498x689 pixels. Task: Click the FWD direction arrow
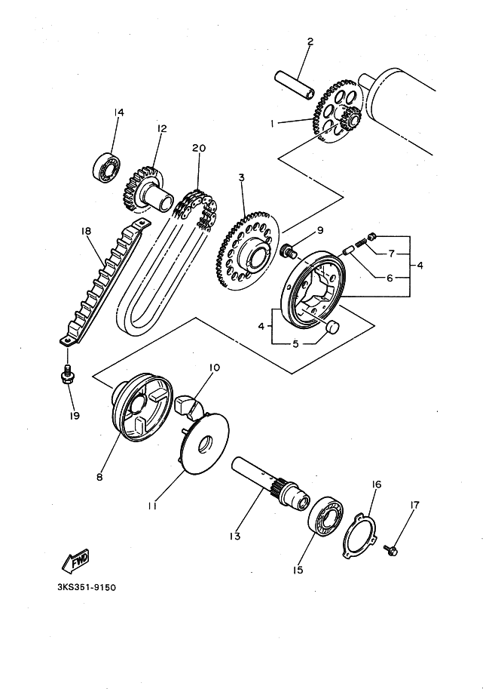[x=75, y=560]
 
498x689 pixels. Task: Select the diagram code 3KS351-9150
[x=87, y=587]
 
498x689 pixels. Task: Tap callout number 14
[x=118, y=112]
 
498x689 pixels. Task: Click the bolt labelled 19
[x=68, y=374]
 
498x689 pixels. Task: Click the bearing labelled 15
[x=326, y=516]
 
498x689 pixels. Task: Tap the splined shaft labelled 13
[x=270, y=483]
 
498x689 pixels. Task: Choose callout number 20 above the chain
[x=199, y=148]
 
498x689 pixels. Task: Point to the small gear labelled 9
[x=289, y=252]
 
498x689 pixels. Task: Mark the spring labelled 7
[x=362, y=242]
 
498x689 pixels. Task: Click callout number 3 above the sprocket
[x=241, y=177]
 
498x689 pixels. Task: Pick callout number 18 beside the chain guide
[x=87, y=230]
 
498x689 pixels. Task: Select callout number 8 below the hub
[x=99, y=476]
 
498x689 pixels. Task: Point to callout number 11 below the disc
[x=152, y=506]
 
